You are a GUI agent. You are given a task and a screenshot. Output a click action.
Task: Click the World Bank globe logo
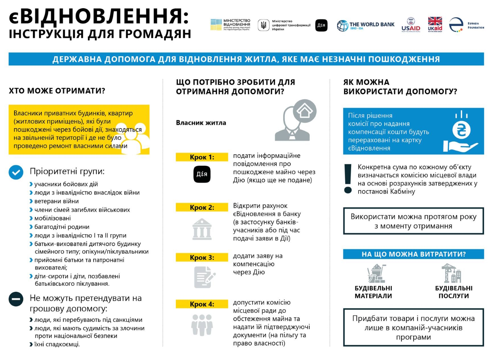[342, 25]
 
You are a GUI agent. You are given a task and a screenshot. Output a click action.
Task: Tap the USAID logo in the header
[411, 24]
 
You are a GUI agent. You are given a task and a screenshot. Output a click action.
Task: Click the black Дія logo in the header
[321, 25]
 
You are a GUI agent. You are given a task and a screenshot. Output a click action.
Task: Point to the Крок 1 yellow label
[202, 157]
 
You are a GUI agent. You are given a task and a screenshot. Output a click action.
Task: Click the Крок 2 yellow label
[202, 207]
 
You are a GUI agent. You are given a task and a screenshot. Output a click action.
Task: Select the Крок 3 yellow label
[202, 258]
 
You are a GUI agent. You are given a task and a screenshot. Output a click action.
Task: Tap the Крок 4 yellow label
[202, 304]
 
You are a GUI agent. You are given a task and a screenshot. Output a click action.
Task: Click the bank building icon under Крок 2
[202, 229]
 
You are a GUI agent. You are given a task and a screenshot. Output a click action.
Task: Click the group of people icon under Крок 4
[202, 325]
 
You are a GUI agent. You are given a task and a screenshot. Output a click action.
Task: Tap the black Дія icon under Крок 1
[202, 174]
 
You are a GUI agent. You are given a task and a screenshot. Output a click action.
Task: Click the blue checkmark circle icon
[16, 172]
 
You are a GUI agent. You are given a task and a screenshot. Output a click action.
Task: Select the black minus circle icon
[16, 299]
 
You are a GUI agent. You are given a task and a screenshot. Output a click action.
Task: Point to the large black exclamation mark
[348, 179]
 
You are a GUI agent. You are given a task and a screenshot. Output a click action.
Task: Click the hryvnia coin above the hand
[461, 130]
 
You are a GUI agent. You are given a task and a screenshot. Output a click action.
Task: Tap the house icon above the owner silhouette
[305, 111]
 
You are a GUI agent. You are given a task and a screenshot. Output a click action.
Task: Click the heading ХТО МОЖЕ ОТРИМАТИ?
[57, 91]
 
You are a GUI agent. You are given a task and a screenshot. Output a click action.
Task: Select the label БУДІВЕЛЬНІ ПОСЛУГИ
[453, 292]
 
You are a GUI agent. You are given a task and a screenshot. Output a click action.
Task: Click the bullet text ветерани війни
[56, 201]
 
